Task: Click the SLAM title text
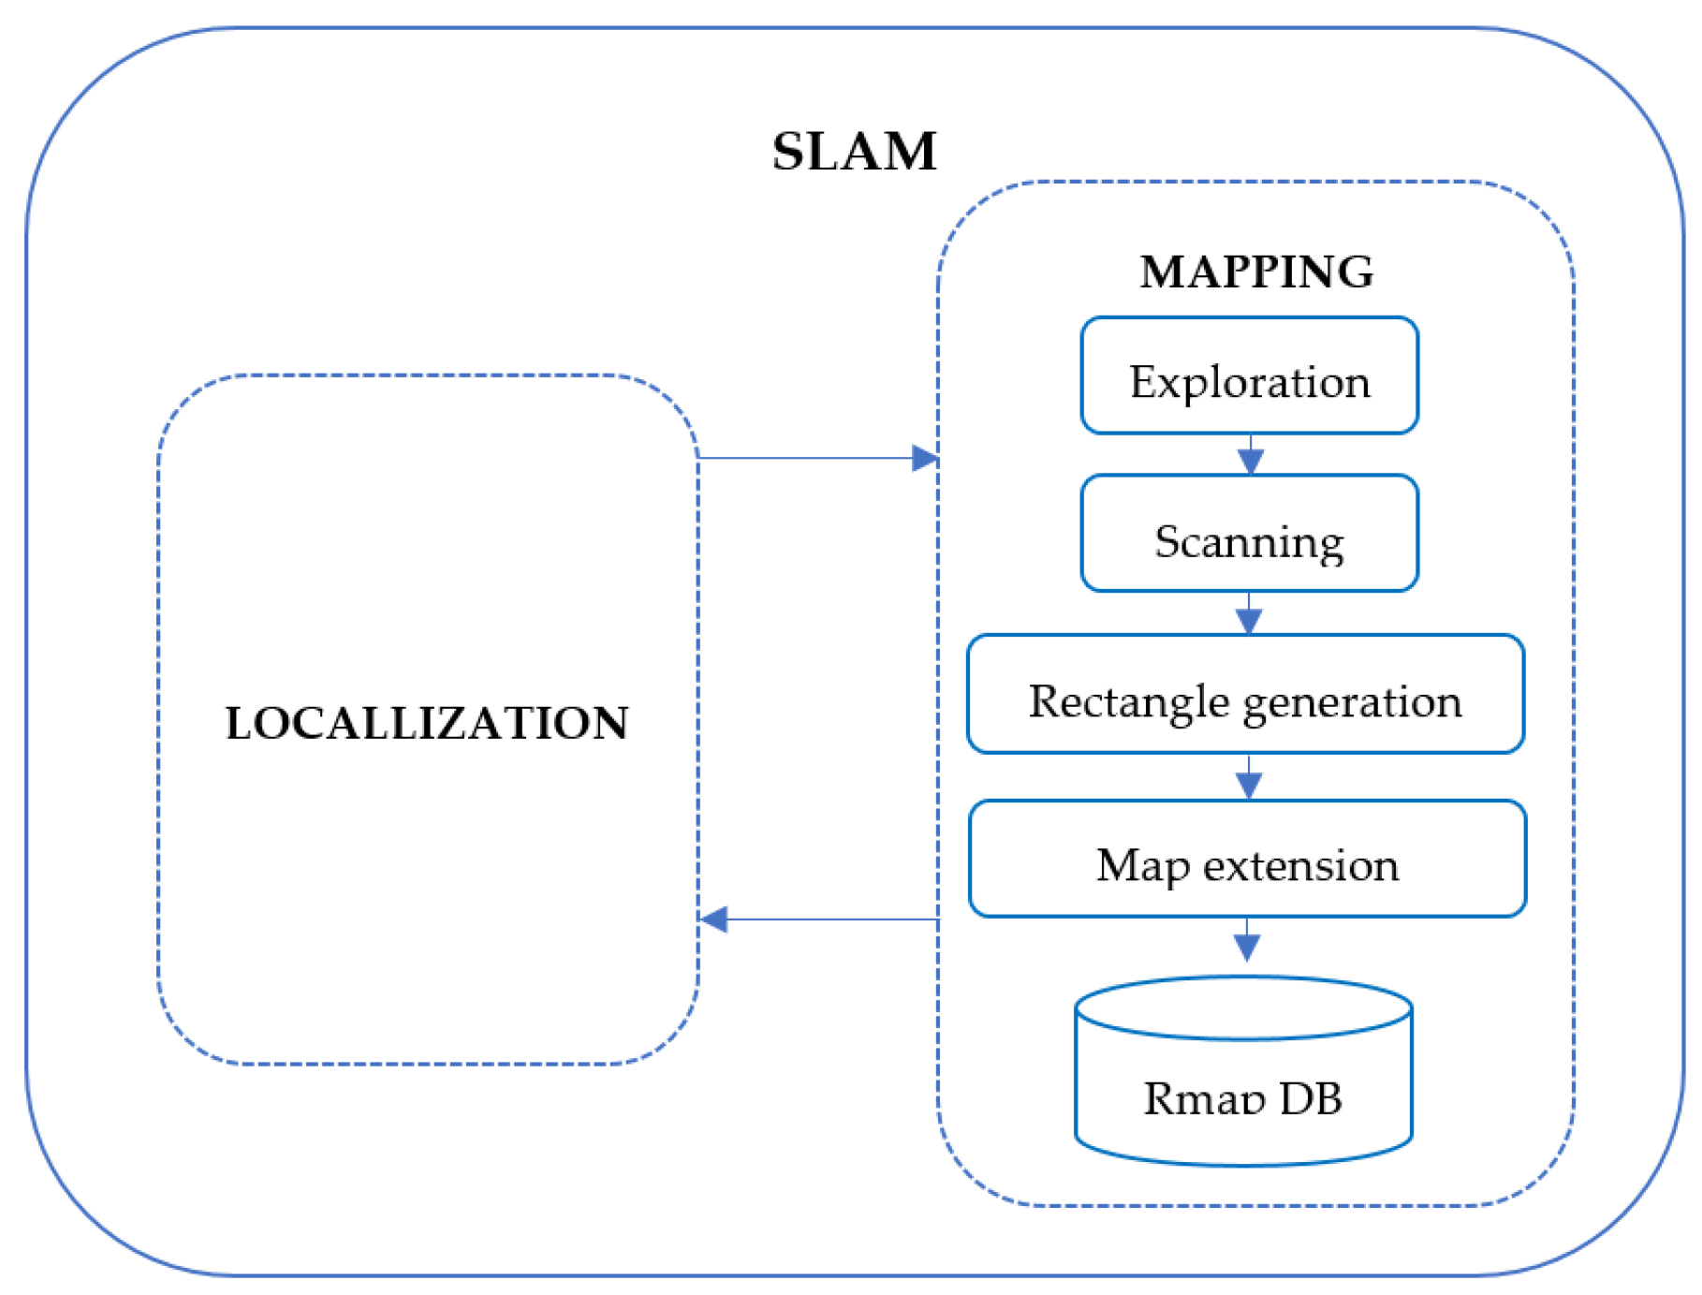coord(853,151)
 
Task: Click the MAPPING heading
coord(1255,272)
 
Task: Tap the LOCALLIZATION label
coord(427,723)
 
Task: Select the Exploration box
coord(1249,376)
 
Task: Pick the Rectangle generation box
coord(1245,695)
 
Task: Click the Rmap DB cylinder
coord(1243,1086)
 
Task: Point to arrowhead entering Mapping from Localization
coord(925,458)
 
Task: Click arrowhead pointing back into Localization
coord(714,920)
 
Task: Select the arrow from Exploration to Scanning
coord(1251,456)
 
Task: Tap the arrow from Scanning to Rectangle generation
coord(1249,615)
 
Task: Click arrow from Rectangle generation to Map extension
coord(1249,778)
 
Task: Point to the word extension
coord(1300,865)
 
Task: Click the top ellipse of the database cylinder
coord(1243,1008)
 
